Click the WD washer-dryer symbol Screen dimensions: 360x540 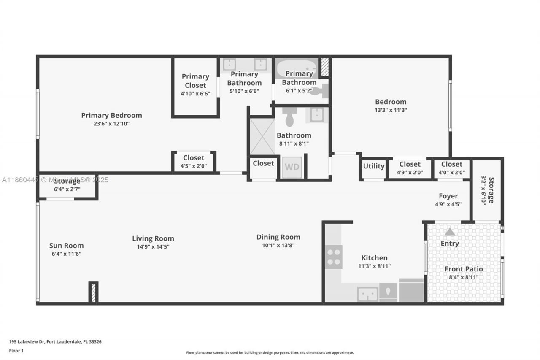click(x=292, y=167)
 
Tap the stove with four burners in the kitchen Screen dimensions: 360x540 click(x=334, y=257)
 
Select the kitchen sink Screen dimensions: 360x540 click(x=367, y=294)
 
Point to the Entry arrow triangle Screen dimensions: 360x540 click(x=450, y=232)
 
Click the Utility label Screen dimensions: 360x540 click(x=374, y=166)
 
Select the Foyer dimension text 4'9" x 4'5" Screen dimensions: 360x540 click(x=448, y=204)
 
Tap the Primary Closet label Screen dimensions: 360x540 click(x=195, y=81)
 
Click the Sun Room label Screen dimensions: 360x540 click(x=66, y=246)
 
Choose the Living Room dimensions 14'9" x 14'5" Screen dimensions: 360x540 click(x=153, y=247)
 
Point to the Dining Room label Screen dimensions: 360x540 click(x=278, y=237)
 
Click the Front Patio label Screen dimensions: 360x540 click(x=464, y=269)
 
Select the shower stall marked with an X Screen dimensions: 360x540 click(x=262, y=136)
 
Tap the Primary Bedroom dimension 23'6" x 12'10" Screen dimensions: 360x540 click(x=111, y=124)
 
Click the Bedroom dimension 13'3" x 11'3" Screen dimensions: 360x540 click(x=391, y=110)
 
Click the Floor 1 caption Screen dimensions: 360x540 click(x=16, y=350)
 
